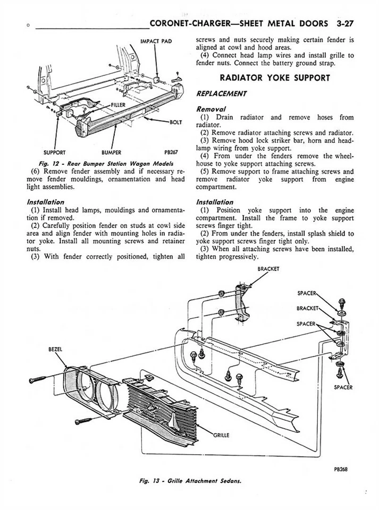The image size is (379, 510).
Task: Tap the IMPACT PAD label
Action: click(156, 41)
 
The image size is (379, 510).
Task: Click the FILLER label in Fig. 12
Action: click(118, 105)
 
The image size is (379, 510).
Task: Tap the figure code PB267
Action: click(170, 151)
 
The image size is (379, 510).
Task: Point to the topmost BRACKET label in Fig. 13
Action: click(268, 269)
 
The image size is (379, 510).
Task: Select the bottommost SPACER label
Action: click(343, 387)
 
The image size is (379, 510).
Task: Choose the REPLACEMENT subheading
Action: click(221, 93)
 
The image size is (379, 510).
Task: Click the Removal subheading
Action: click(211, 108)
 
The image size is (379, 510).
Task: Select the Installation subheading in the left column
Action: click(45, 202)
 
